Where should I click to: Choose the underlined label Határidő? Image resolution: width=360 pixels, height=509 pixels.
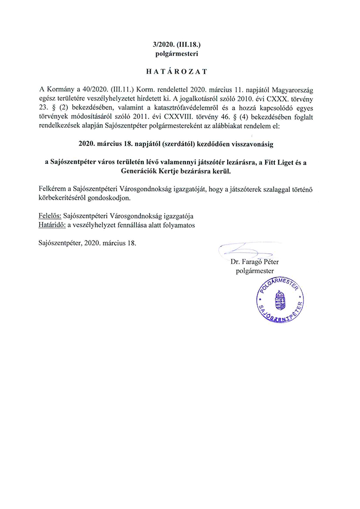tap(53, 224)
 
